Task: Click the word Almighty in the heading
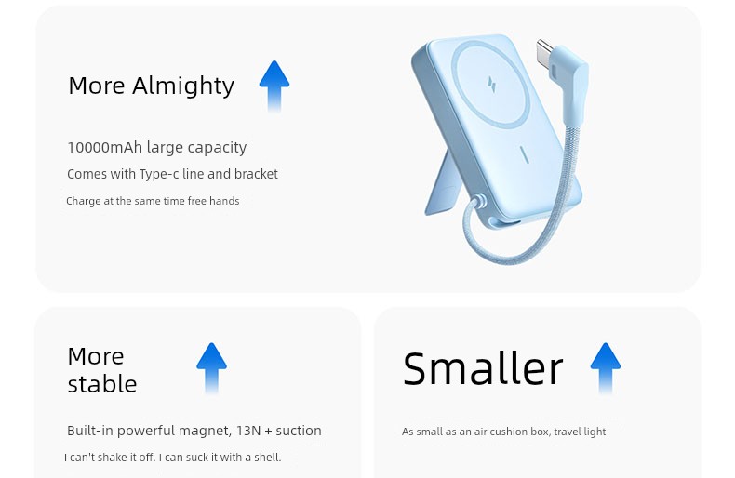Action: click(x=182, y=86)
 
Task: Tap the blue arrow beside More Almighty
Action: click(x=274, y=86)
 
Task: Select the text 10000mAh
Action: click(x=104, y=147)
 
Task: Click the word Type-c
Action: click(x=159, y=174)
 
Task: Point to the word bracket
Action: click(x=256, y=174)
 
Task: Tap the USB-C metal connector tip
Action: click(x=545, y=51)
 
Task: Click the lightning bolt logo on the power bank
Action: click(x=492, y=86)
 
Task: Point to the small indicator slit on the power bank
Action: click(x=524, y=154)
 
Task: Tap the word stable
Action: click(x=102, y=384)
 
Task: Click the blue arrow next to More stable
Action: click(x=211, y=368)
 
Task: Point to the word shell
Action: click(x=267, y=457)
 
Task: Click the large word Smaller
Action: click(x=483, y=368)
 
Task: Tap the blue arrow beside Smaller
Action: click(x=605, y=368)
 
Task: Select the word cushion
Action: click(x=511, y=432)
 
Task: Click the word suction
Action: click(x=299, y=431)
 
